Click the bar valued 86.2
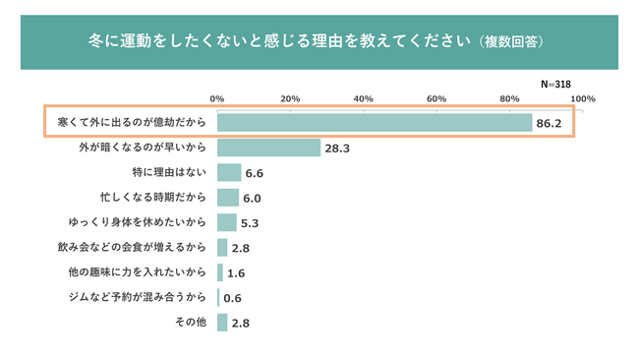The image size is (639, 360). (x=375, y=123)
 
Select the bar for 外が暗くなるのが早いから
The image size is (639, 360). (x=269, y=148)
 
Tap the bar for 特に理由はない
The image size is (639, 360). (x=229, y=172)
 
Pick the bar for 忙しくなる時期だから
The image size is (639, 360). (x=228, y=198)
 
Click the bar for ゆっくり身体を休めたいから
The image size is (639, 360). (x=226, y=222)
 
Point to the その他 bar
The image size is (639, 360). (x=222, y=323)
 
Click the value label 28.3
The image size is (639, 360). (x=337, y=149)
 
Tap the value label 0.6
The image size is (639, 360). (x=232, y=298)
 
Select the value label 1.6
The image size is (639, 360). (x=236, y=273)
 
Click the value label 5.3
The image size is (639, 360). (x=250, y=223)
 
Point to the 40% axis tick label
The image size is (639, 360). (x=363, y=98)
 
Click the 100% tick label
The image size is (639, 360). (x=583, y=98)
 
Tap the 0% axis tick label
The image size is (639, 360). (x=217, y=98)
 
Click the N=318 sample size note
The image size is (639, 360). (x=555, y=84)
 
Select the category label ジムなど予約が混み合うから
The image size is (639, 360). (x=138, y=297)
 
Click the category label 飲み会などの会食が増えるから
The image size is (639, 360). (x=132, y=247)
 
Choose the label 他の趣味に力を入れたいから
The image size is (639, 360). (x=138, y=271)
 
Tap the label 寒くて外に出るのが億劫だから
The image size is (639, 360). (x=132, y=122)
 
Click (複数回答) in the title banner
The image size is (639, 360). (x=511, y=41)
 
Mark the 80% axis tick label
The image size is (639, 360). (x=509, y=98)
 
